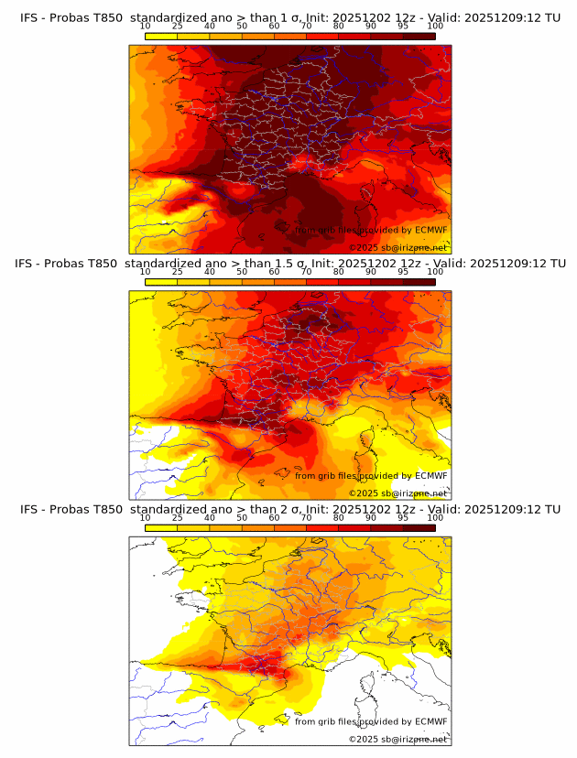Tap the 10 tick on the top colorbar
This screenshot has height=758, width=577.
[x=146, y=26]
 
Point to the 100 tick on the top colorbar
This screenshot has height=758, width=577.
[x=435, y=26]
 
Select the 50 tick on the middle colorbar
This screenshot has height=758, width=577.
[x=242, y=271]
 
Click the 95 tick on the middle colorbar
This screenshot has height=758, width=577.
[x=403, y=271]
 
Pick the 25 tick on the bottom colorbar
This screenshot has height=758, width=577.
[x=178, y=517]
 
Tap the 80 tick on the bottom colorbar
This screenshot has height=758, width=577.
[x=339, y=517]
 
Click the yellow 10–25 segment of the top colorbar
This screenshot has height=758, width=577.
[x=161, y=35]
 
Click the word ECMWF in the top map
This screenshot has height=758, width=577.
[x=430, y=230]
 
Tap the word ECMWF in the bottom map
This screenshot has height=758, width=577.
[x=430, y=721]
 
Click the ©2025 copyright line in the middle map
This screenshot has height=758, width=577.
[x=397, y=493]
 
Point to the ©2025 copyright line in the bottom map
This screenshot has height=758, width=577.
[x=397, y=739]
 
